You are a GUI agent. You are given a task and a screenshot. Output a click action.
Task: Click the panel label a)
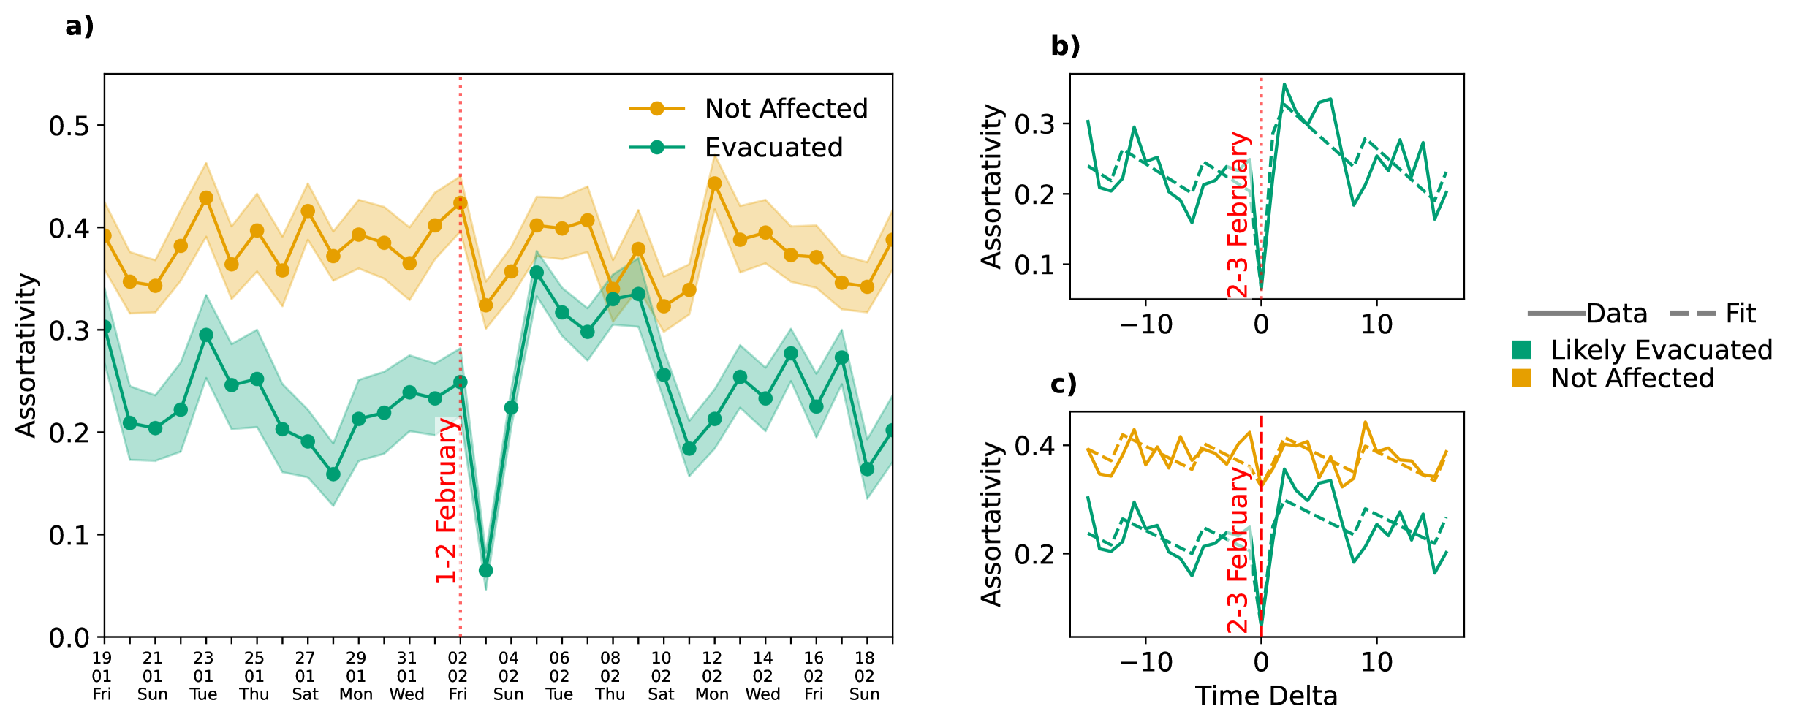tap(80, 26)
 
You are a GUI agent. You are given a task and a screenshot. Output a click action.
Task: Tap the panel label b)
tap(1065, 46)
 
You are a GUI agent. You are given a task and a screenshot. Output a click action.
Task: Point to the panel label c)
tap(1064, 384)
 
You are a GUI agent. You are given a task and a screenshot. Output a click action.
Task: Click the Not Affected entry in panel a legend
tap(786, 109)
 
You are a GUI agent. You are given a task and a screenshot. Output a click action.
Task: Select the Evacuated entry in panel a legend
tap(773, 148)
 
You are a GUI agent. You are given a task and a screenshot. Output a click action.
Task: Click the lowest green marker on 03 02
tap(486, 570)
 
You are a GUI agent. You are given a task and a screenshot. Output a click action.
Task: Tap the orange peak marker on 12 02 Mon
tap(715, 183)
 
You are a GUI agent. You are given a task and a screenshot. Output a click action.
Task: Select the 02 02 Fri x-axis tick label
tap(458, 676)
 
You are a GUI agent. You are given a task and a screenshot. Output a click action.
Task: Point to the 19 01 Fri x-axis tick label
tap(102, 676)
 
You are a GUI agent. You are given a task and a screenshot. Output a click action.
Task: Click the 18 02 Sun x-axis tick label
tap(865, 676)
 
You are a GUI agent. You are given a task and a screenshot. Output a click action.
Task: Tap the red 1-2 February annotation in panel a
tap(447, 501)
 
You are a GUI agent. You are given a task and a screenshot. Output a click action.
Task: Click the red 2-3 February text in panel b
tap(1238, 216)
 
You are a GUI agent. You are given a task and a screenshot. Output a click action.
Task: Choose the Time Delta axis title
tap(1266, 696)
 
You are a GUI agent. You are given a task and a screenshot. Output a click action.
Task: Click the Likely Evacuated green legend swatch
tap(1521, 350)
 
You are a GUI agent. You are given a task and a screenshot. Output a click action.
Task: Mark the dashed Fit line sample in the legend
tap(1692, 314)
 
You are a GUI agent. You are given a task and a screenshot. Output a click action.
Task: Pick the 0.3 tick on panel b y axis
tap(1034, 124)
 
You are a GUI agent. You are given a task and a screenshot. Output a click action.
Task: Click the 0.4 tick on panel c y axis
tap(1034, 445)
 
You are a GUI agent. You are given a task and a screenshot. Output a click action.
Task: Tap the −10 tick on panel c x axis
tap(1145, 663)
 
